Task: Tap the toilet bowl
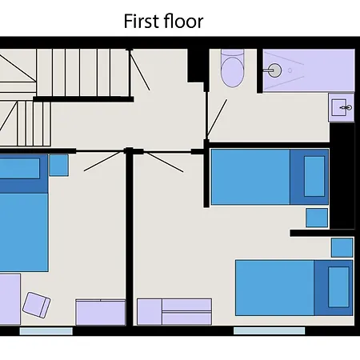[232, 72]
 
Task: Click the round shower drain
[274, 70]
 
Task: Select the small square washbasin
[341, 106]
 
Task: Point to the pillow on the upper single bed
[314, 176]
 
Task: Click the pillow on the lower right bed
[339, 287]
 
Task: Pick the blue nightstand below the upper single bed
[317, 217]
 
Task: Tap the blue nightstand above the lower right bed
[342, 247]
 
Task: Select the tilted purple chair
[36, 304]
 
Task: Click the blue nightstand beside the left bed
[58, 165]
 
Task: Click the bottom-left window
[46, 330]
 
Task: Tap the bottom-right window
[269, 330]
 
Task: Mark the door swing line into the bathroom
[218, 116]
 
